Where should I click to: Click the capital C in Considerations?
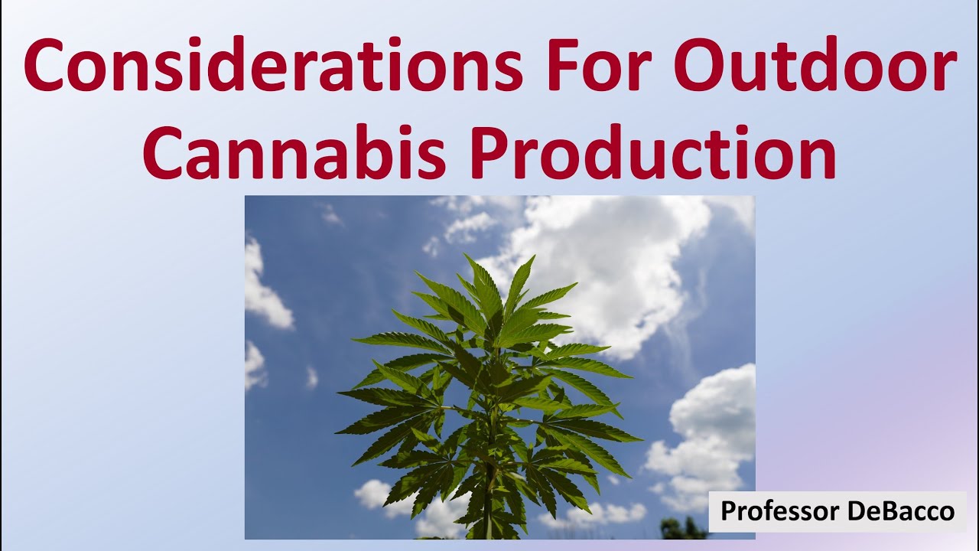[47, 64]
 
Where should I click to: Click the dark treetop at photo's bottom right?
[682, 527]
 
